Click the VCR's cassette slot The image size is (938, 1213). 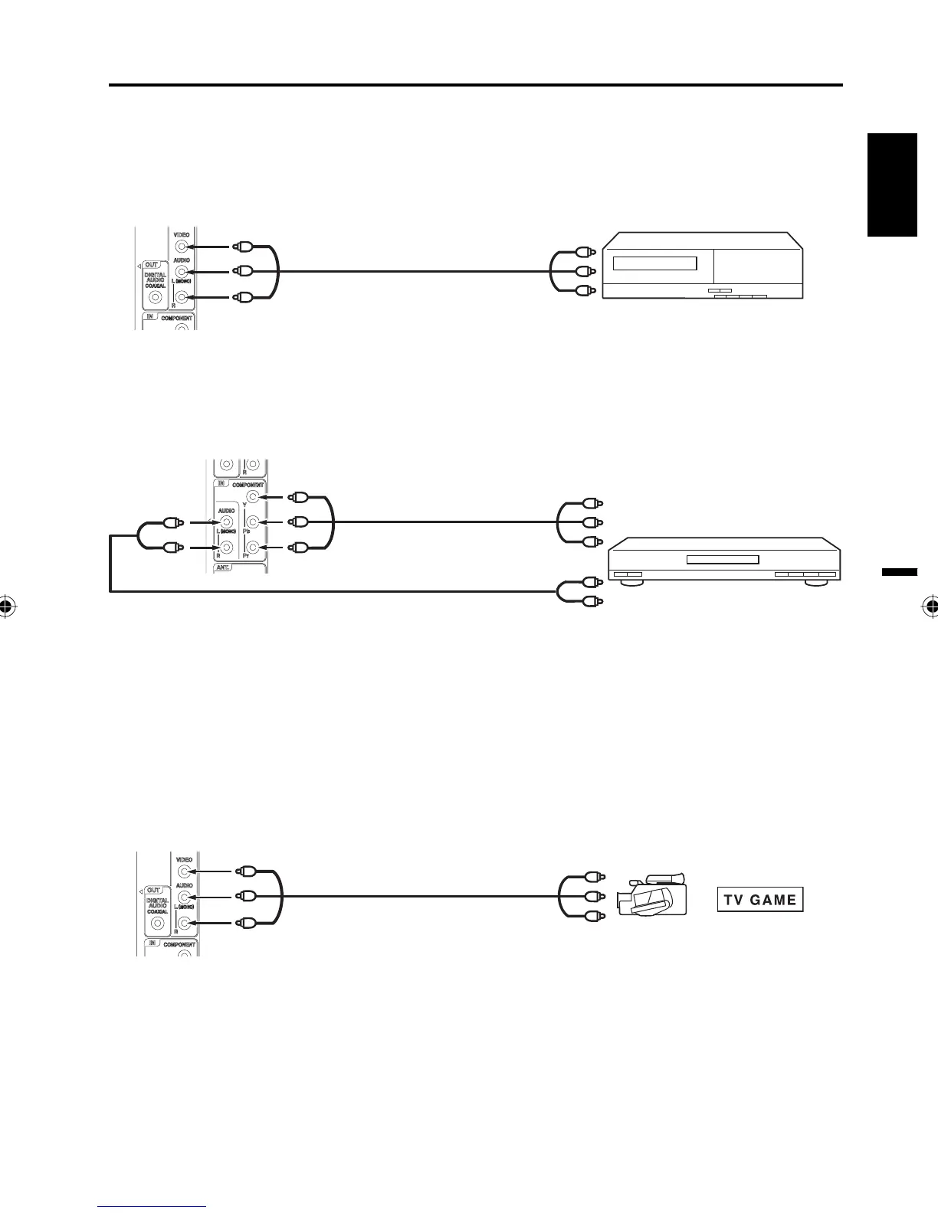click(654, 263)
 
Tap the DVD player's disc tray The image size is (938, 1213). click(722, 560)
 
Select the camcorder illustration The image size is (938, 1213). click(651, 894)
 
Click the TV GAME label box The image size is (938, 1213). click(760, 900)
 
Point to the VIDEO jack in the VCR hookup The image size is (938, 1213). click(182, 247)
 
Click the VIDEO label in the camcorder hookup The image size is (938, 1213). click(184, 860)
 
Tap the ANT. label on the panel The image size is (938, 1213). click(228, 568)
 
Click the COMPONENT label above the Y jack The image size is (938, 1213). click(248, 485)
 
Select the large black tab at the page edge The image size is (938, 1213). click(893, 185)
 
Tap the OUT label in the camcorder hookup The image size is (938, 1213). click(154, 891)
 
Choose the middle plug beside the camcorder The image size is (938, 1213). click(590, 895)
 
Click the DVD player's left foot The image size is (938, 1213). click(627, 583)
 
